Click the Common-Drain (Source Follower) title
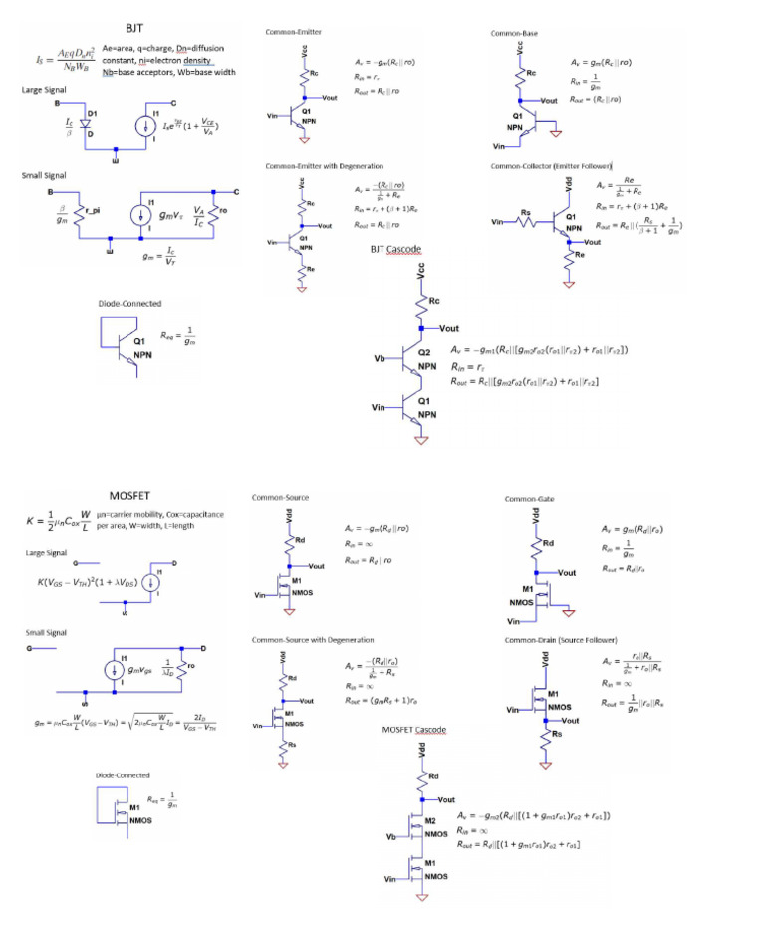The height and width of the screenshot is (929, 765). pos(561,639)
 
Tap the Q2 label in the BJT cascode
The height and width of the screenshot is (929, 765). pos(425,353)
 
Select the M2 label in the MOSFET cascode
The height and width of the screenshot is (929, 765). pos(431,818)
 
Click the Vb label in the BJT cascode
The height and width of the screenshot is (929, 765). pos(379,357)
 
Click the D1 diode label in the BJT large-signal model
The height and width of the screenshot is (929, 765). pos(92,113)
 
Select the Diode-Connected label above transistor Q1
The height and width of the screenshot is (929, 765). pos(129,304)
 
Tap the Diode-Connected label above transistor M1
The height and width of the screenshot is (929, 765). pos(123,774)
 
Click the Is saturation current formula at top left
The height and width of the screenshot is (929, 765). pos(59,56)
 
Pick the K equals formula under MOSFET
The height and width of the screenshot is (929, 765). pos(60,521)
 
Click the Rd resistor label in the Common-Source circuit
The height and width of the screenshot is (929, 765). pos(300,541)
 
